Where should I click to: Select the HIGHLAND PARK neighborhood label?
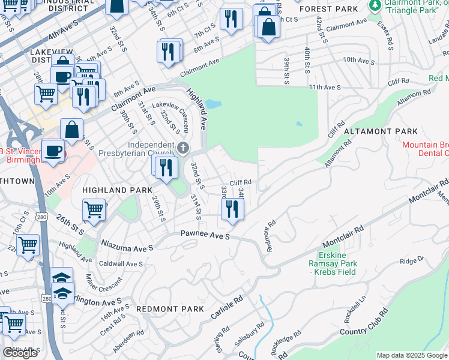113,190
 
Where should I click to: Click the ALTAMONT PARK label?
380,131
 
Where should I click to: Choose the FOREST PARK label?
328,9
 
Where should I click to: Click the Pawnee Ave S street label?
205,236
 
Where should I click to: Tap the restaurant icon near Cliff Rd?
231,209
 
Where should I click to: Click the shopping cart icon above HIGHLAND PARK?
94,210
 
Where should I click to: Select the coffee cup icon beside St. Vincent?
53,150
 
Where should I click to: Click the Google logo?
20,353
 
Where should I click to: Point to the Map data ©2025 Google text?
411,355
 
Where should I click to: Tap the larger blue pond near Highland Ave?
213,104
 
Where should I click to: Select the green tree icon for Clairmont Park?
375,5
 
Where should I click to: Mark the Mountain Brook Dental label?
425,149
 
